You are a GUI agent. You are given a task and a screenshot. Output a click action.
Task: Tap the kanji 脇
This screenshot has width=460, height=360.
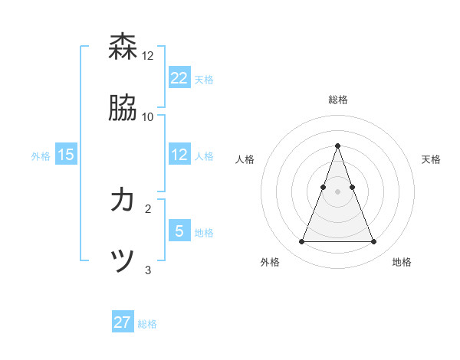(123, 108)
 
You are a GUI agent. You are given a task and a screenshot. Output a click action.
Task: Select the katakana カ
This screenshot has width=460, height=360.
(123, 200)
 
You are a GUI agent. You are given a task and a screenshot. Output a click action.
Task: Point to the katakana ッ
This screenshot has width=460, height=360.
(123, 260)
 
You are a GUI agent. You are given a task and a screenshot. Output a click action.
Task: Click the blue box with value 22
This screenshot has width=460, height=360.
(179, 77)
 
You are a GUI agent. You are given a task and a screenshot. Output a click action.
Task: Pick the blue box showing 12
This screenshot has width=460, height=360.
(179, 154)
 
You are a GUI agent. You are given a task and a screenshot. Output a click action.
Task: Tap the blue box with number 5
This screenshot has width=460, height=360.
(179, 231)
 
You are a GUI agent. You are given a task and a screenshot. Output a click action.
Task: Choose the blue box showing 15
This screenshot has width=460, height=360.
(66, 154)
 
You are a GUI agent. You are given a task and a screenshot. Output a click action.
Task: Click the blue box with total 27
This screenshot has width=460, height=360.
(123, 322)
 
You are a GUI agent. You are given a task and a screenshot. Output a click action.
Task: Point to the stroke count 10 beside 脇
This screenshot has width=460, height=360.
(148, 116)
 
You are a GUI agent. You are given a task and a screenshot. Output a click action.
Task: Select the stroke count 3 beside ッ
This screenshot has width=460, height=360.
(148, 270)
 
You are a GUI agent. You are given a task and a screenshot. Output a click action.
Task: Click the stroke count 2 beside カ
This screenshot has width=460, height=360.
(148, 208)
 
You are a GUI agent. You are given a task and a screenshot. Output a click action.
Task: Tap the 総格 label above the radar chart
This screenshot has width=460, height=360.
(338, 100)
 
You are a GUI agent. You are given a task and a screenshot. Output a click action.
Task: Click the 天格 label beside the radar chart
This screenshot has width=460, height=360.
(431, 159)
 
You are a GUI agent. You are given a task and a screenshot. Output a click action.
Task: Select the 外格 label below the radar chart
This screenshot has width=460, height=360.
(270, 262)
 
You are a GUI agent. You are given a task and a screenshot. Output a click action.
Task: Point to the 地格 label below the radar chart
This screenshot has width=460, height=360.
(402, 262)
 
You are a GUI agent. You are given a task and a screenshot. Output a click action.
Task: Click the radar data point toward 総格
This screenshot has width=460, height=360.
(338, 146)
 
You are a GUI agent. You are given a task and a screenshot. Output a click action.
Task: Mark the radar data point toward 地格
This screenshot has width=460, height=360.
(374, 242)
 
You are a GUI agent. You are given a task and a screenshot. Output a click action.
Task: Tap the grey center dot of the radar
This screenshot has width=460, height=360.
(338, 191)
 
